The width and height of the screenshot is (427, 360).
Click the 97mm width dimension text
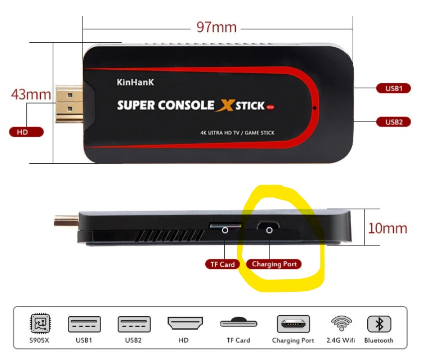(216, 26)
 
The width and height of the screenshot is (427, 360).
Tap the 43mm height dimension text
(31, 94)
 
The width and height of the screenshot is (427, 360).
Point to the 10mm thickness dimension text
(387, 228)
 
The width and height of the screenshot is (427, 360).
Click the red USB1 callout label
(393, 89)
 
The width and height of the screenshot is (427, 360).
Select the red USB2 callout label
(393, 121)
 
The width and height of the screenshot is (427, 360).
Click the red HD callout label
(26, 132)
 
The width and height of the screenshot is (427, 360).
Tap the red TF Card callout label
(222, 264)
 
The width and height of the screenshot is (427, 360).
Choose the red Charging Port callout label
(274, 264)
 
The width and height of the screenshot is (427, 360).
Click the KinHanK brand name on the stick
(135, 83)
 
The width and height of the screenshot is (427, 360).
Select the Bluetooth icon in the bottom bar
(379, 324)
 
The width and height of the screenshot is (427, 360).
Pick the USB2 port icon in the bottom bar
(134, 324)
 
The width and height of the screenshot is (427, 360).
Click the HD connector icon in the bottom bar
(185, 324)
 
